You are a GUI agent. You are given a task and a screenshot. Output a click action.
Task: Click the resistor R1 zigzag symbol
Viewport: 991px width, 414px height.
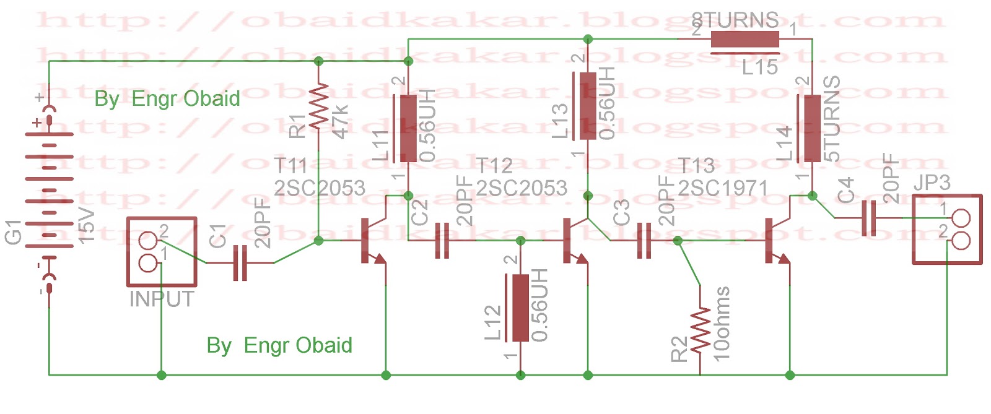(318, 106)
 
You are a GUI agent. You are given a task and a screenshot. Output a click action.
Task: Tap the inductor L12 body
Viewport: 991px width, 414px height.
(520, 307)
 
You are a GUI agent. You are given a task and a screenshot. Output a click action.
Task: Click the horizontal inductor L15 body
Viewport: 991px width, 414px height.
(744, 40)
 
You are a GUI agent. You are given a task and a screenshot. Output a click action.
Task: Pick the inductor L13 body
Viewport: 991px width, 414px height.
(587, 105)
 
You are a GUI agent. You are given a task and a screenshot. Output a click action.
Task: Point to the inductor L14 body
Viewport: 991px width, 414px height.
(812, 128)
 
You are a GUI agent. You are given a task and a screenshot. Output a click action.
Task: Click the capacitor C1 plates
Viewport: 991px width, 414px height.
(240, 263)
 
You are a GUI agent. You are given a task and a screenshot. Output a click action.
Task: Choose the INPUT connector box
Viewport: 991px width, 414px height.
(162, 251)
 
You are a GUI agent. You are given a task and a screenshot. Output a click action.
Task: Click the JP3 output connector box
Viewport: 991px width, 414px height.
(947, 230)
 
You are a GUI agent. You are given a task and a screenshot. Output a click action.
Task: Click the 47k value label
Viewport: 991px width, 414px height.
(340, 122)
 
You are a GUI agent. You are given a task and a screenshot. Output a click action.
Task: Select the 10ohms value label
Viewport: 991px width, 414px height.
(722, 323)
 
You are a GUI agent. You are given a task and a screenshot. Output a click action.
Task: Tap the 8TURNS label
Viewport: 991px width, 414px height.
(735, 20)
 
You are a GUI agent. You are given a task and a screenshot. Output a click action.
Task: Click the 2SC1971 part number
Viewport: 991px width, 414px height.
(723, 188)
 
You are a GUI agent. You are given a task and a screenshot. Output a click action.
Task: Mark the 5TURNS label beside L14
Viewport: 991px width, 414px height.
(831, 119)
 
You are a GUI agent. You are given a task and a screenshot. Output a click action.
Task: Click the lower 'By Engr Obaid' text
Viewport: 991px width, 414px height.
(279, 345)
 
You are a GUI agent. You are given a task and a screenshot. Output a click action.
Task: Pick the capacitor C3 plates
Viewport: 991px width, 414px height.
(644, 240)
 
